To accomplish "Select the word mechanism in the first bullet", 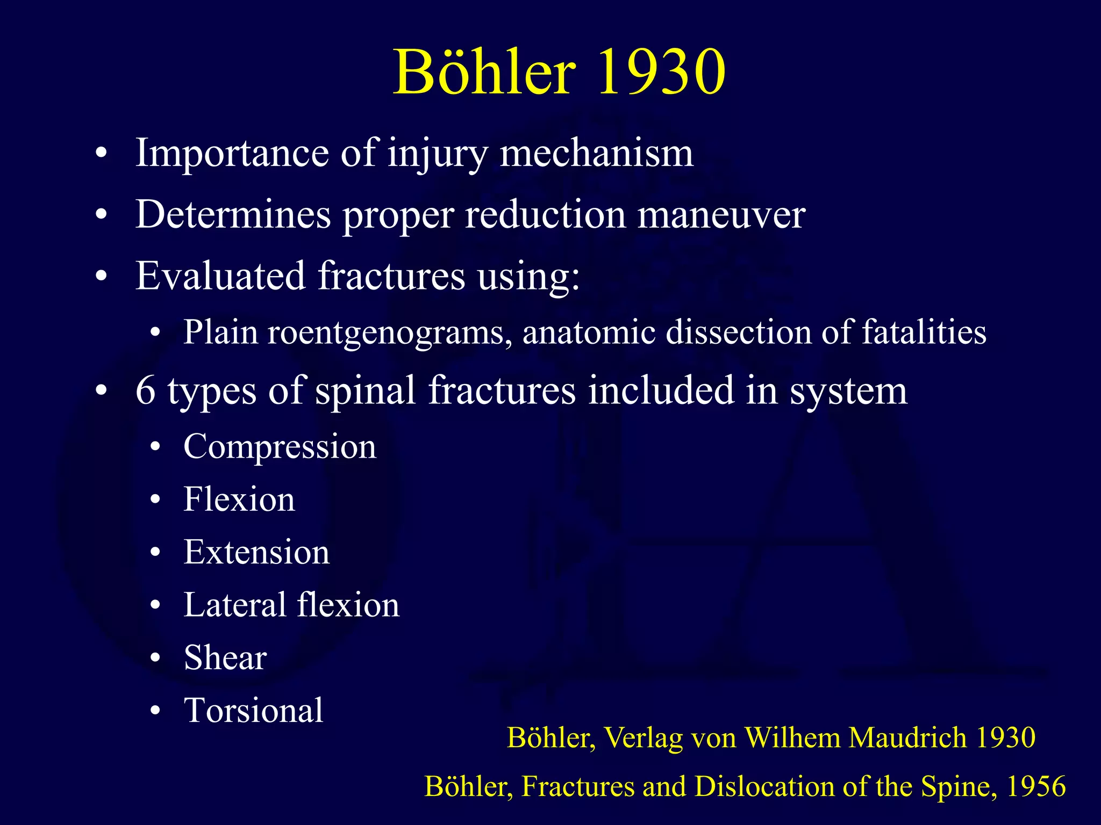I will click(x=597, y=154).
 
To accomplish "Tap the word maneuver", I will click(x=721, y=215).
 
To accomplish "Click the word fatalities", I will click(x=924, y=332).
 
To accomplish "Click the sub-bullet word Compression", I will click(x=280, y=447).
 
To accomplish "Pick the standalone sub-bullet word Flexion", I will click(x=239, y=500).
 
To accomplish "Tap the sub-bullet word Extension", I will click(x=256, y=552).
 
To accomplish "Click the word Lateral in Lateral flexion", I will click(x=234, y=605).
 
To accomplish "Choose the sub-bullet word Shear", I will click(x=225, y=658).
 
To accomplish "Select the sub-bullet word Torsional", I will click(x=253, y=711).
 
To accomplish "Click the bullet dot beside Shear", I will click(x=155, y=658).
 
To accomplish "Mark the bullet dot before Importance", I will click(x=101, y=155).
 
